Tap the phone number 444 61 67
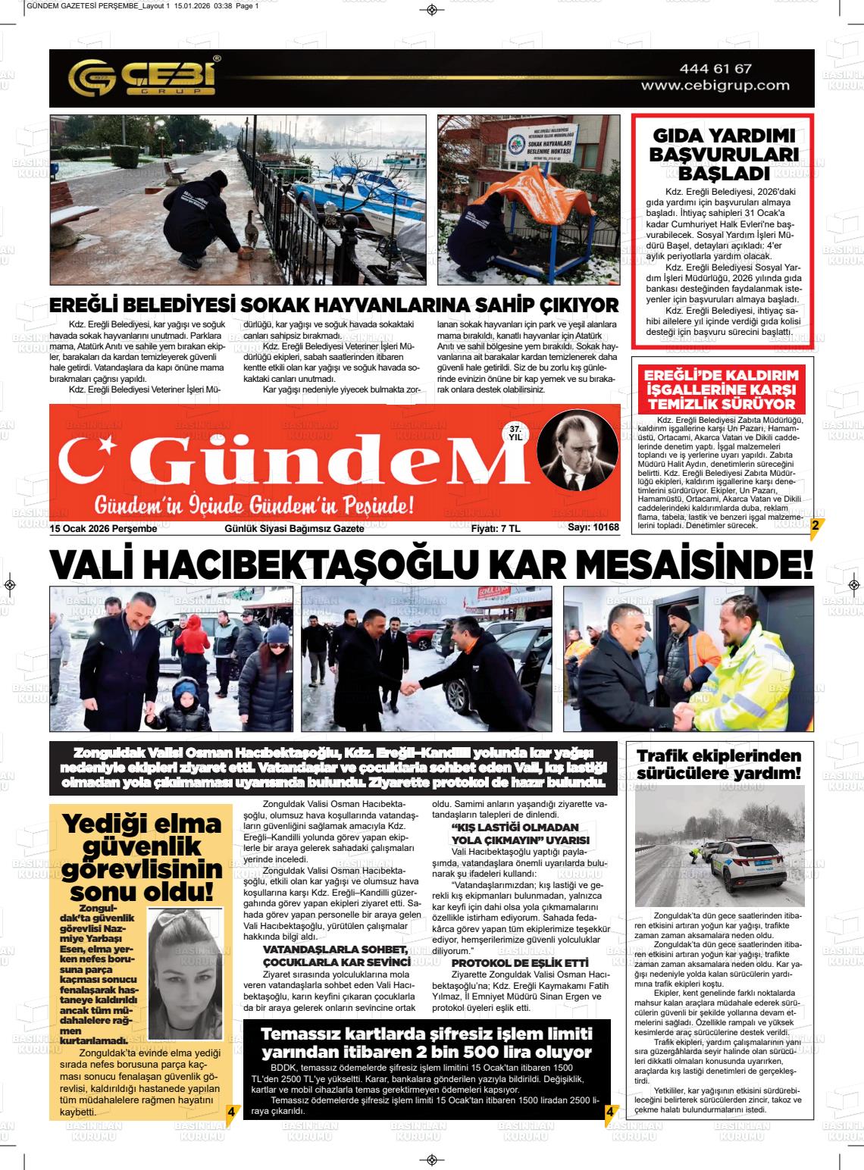point(715,69)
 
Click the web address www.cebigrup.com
point(715,86)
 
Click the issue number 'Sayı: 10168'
point(593,528)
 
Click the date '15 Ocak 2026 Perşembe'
point(103,528)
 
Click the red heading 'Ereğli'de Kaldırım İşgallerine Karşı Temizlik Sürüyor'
point(721,388)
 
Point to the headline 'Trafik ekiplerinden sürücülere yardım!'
point(718,765)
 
